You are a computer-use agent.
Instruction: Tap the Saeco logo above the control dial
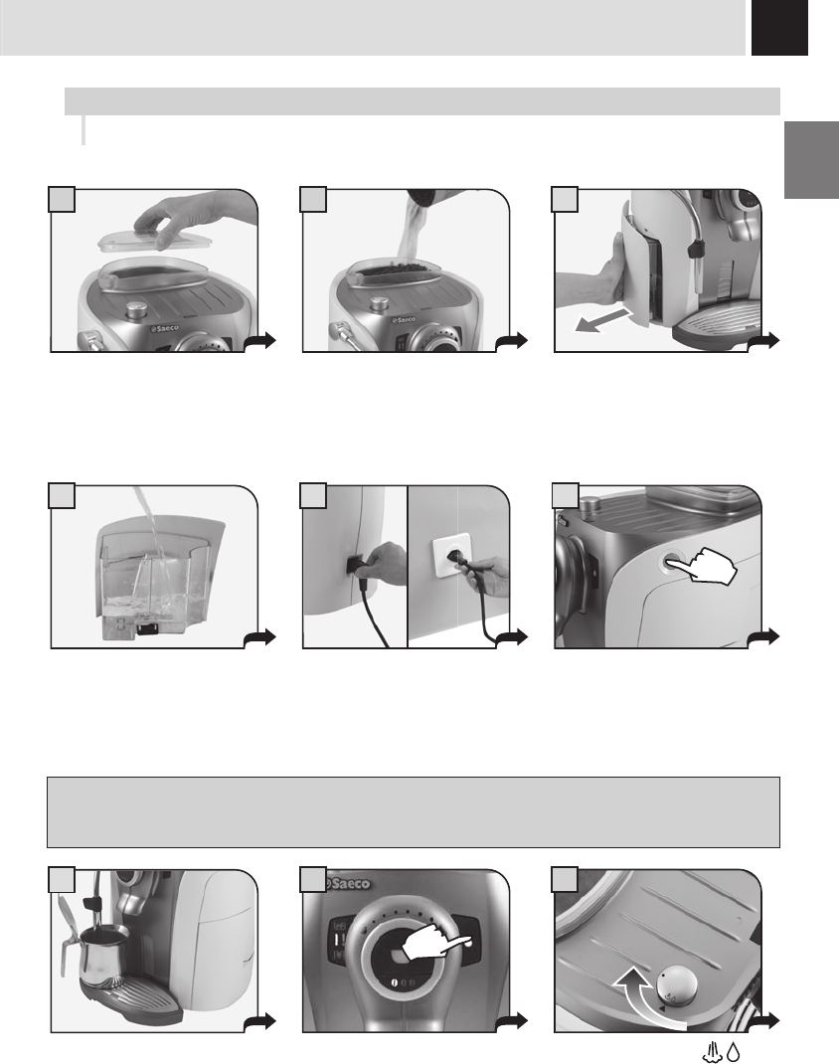pyautogui.click(x=349, y=883)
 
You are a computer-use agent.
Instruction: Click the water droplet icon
pyautogui.click(x=733, y=1052)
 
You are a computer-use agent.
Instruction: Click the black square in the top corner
pyautogui.click(x=779, y=27)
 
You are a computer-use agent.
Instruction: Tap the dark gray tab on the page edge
pyautogui.click(x=812, y=160)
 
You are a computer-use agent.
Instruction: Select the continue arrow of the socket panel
pyautogui.click(x=512, y=637)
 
